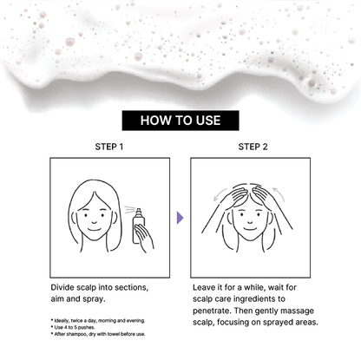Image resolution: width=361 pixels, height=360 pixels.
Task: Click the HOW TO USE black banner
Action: coord(180,121)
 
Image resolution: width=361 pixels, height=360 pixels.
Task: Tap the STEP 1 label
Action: coord(109,147)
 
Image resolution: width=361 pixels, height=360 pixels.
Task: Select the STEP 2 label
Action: coord(253,147)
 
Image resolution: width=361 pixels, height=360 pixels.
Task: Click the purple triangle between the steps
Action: coord(180,218)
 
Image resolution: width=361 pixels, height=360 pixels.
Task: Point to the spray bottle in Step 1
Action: coord(139,226)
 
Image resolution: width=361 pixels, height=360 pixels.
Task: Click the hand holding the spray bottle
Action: coord(145,237)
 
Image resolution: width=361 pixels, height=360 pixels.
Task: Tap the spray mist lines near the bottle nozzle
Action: coord(130,209)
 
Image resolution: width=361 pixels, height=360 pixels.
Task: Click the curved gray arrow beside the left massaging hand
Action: coord(220,194)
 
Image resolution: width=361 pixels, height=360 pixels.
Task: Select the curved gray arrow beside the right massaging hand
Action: coord(279,193)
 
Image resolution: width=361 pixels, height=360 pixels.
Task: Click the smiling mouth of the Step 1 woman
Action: coord(95,230)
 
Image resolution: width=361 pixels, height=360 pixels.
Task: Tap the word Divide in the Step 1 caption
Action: coord(62,287)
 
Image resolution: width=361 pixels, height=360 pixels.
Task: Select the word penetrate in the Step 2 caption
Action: coord(212,311)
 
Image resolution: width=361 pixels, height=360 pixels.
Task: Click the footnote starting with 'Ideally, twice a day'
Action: coord(98,320)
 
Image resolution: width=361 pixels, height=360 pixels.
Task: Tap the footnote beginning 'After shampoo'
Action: coord(98,334)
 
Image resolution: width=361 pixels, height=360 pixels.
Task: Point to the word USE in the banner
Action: coord(208,121)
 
